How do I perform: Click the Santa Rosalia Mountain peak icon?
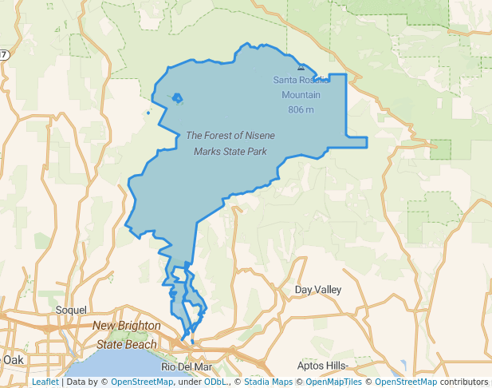[301, 69]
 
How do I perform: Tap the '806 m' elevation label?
[301, 109]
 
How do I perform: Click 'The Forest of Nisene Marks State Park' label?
[230, 143]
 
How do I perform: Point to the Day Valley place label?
[317, 289]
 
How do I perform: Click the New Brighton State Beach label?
[126, 335]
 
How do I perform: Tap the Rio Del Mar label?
[186, 366]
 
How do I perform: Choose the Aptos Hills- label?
[322, 366]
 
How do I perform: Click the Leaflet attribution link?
[45, 382]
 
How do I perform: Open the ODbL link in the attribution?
[215, 382]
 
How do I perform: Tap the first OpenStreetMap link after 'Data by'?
[141, 382]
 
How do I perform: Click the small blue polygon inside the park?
[177, 99]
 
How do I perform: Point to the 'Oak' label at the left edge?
[13, 359]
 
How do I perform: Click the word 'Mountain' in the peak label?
[301, 94]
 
